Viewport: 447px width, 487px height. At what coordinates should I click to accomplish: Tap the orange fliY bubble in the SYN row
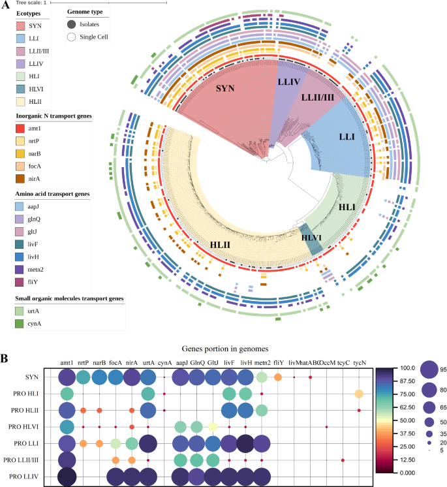pyautogui.click(x=278, y=377)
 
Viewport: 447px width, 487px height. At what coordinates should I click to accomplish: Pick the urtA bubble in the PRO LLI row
pyautogui.click(x=147, y=443)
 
